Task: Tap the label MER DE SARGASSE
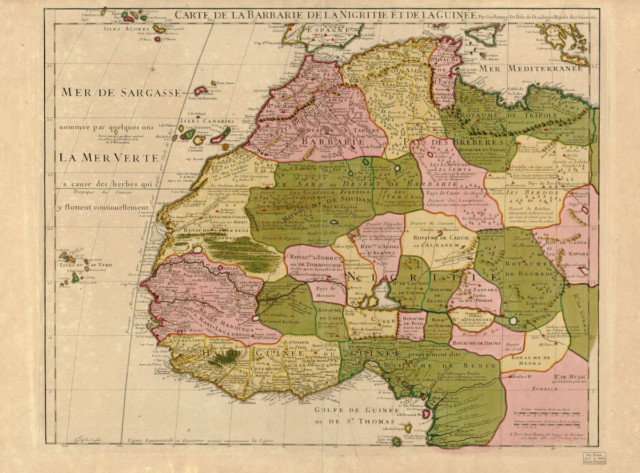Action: coord(121,92)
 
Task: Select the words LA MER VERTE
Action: coord(108,158)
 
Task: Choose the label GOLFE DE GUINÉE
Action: coord(356,410)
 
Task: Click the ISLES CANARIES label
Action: coord(202,121)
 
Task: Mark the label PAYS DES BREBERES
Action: coord(454,143)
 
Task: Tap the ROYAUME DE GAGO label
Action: coord(331,314)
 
